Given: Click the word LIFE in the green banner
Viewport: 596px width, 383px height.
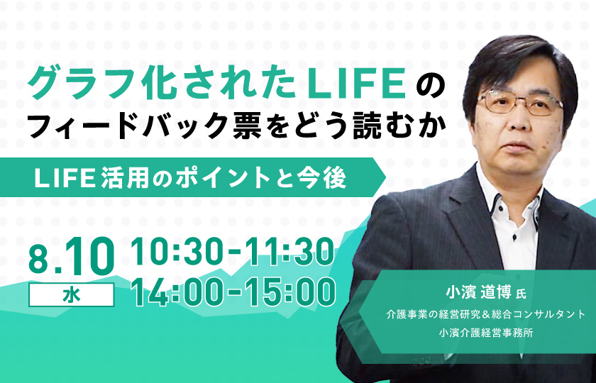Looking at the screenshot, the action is pyautogui.click(x=65, y=177).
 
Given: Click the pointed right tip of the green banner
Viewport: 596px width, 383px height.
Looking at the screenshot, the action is pyautogui.click(x=385, y=177).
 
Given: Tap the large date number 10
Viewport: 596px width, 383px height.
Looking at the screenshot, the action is pyautogui.click(x=89, y=256).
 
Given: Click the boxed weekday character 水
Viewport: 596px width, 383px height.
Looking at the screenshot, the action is pyautogui.click(x=72, y=295).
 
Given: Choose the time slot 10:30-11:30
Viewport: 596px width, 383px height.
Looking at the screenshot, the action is pyautogui.click(x=233, y=251).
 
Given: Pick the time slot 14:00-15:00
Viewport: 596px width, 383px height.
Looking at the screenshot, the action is pyautogui.click(x=233, y=292).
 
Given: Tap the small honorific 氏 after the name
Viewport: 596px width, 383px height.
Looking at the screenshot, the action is pyautogui.click(x=520, y=295).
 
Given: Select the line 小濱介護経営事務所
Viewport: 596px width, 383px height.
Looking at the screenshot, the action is pyautogui.click(x=485, y=333).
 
